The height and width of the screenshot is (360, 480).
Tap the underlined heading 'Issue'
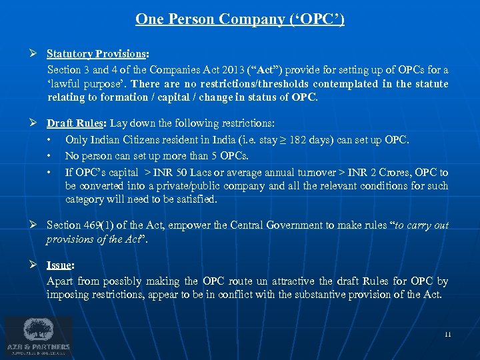click(x=60, y=265)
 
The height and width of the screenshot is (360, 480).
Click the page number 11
click(x=447, y=334)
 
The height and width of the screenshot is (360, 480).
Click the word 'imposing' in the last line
click(x=68, y=294)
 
